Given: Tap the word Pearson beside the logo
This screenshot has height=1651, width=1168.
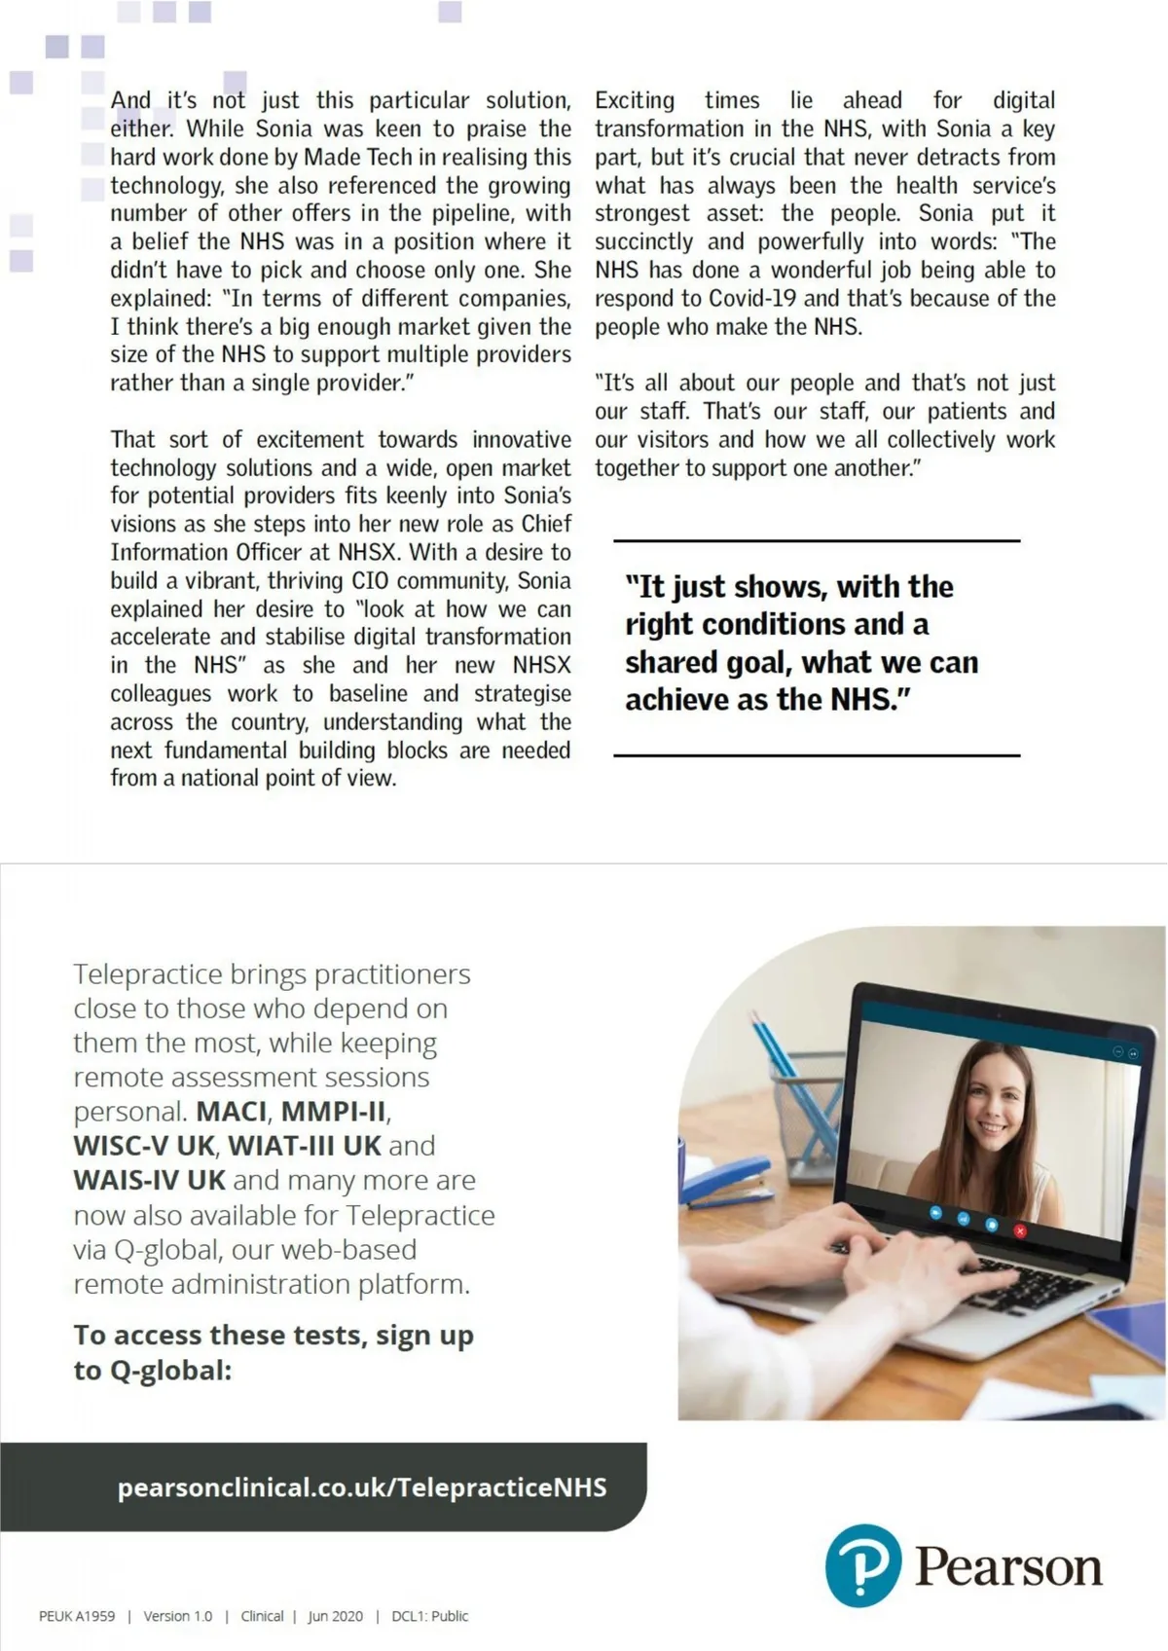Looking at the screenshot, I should click(1007, 1566).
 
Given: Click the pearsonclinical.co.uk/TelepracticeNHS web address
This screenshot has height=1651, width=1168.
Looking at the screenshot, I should click(362, 1486).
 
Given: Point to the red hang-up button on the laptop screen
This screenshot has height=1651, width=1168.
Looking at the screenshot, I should click(1020, 1230).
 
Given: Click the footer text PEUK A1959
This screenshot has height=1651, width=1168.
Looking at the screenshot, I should click(77, 1616).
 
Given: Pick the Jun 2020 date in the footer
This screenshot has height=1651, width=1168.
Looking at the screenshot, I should click(336, 1616).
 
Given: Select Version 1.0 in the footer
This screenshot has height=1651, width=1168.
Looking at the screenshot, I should click(178, 1616).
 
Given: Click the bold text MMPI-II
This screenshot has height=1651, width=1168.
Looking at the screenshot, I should click(334, 1111).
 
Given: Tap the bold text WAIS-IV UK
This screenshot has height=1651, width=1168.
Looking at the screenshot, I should click(150, 1180).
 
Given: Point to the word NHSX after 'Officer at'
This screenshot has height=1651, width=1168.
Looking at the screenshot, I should click(368, 552).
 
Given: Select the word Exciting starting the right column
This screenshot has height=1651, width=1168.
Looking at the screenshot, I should click(635, 100).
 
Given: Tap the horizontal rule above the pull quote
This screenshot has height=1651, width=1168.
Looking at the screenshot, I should click(817, 540).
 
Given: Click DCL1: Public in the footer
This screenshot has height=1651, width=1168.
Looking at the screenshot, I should click(429, 1616).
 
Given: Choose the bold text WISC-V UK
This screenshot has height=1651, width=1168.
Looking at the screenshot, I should click(144, 1145).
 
